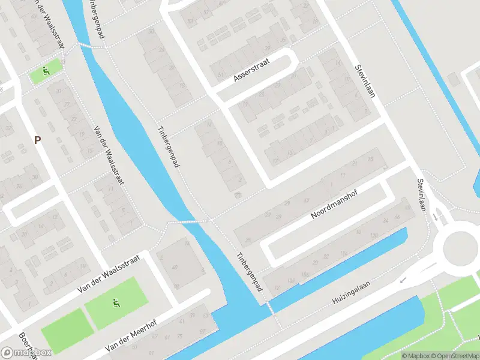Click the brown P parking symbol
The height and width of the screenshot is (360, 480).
click(37, 140)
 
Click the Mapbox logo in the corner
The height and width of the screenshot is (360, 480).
click(26, 353)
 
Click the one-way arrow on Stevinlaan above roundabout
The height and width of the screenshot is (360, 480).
click(435, 216)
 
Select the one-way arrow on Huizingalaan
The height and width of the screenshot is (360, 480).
click(404, 279)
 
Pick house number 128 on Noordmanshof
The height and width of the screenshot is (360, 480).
click(373, 235)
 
